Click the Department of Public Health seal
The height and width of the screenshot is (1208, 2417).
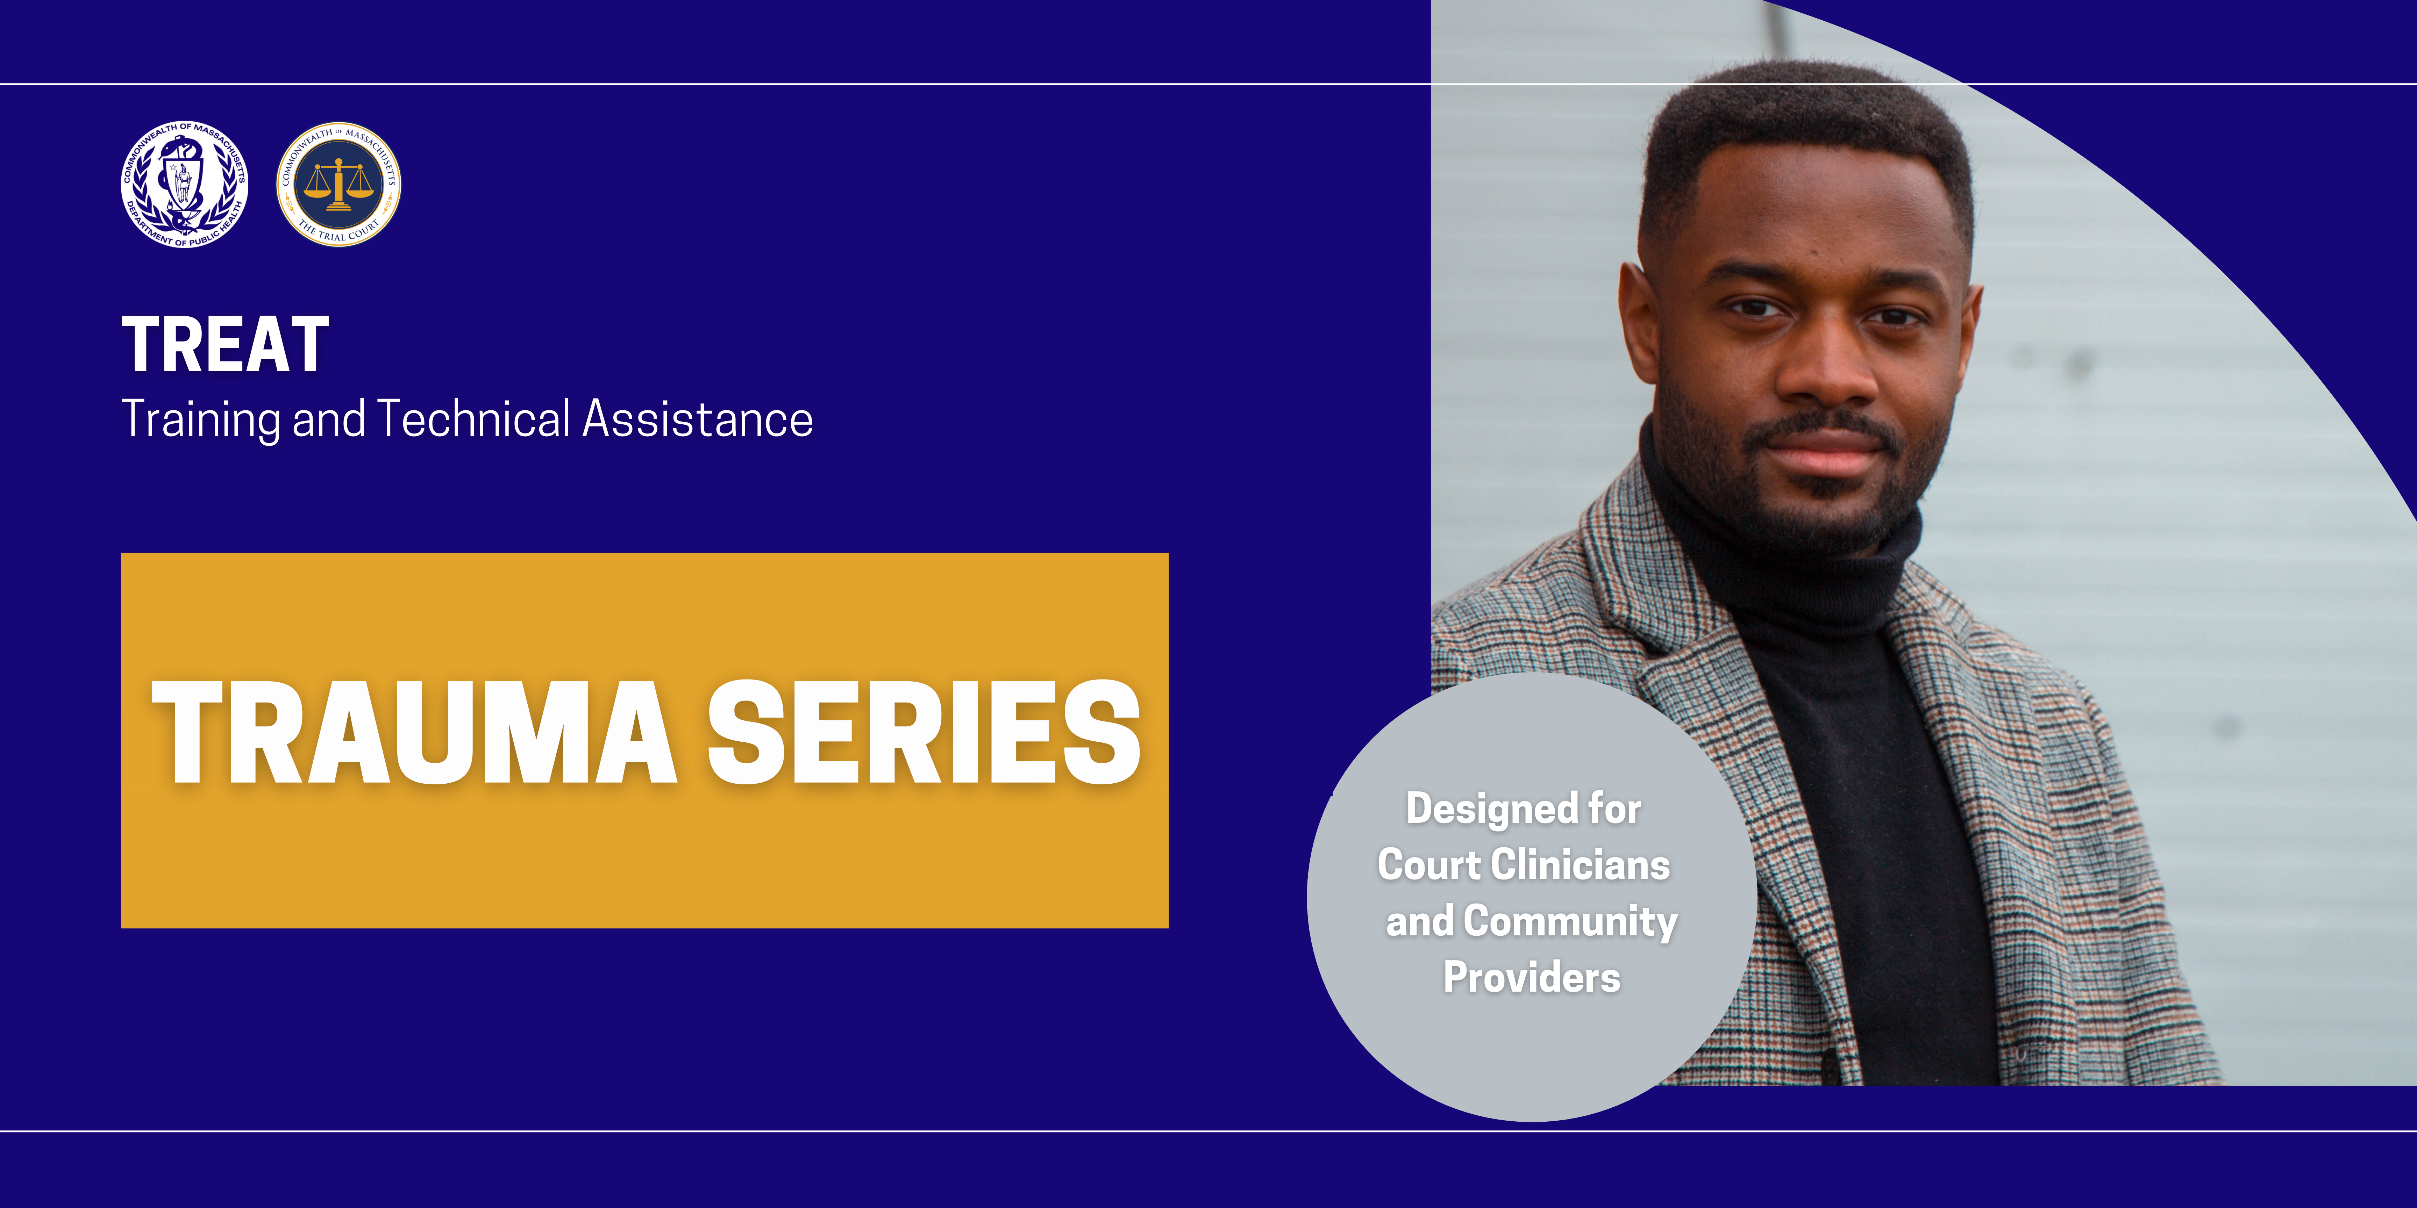click(185, 185)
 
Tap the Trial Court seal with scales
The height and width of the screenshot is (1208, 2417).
click(339, 184)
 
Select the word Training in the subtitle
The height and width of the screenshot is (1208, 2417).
click(201, 419)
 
